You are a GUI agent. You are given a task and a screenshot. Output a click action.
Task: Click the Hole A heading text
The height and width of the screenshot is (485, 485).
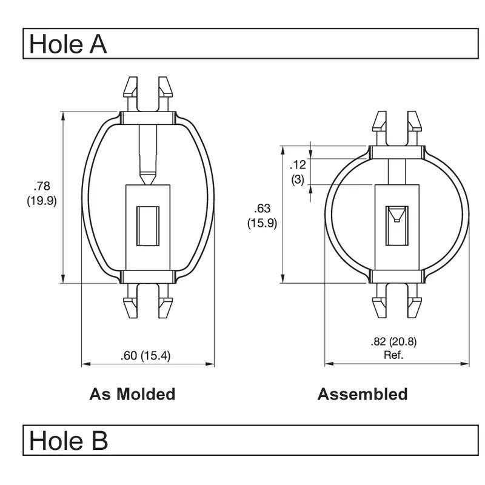(68, 44)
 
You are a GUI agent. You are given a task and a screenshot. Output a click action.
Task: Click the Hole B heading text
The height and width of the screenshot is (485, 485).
(68, 440)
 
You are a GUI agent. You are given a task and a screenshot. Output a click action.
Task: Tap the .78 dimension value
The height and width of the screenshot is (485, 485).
(42, 186)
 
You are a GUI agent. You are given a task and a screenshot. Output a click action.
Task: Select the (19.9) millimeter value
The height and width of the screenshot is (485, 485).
(41, 201)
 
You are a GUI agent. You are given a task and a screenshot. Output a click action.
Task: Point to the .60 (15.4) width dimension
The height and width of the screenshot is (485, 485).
(145, 356)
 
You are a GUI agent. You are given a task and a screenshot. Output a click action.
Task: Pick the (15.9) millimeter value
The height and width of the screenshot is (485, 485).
(262, 223)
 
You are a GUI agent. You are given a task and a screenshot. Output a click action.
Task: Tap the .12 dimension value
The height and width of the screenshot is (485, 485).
(298, 165)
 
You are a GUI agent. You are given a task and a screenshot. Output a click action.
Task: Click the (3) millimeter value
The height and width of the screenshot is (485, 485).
(298, 179)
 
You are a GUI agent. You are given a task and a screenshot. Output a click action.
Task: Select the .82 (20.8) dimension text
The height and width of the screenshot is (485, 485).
(393, 342)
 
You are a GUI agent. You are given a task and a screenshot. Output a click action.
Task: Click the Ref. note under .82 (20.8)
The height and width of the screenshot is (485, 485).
(393, 355)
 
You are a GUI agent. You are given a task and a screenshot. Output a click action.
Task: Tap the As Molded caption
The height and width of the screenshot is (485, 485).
(132, 394)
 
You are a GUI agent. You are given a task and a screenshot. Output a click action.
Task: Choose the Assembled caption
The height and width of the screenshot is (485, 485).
(363, 394)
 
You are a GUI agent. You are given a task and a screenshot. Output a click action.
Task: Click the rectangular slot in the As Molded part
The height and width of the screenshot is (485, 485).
(148, 226)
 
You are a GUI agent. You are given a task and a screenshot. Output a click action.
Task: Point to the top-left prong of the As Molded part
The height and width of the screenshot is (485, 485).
(130, 89)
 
